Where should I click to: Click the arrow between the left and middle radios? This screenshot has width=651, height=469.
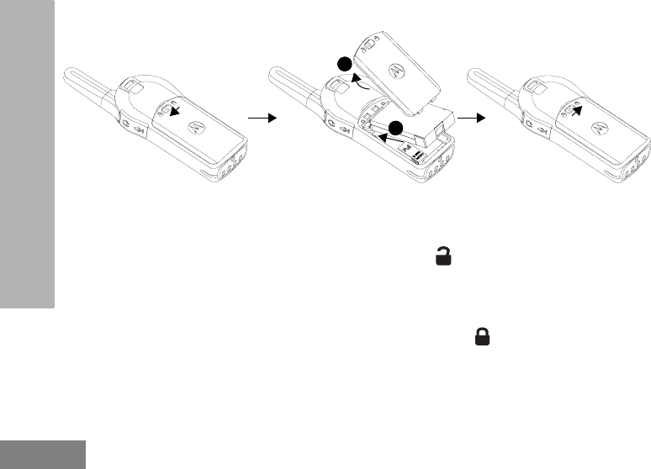click(x=265, y=119)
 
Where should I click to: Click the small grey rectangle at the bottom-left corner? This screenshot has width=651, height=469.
click(x=42, y=453)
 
